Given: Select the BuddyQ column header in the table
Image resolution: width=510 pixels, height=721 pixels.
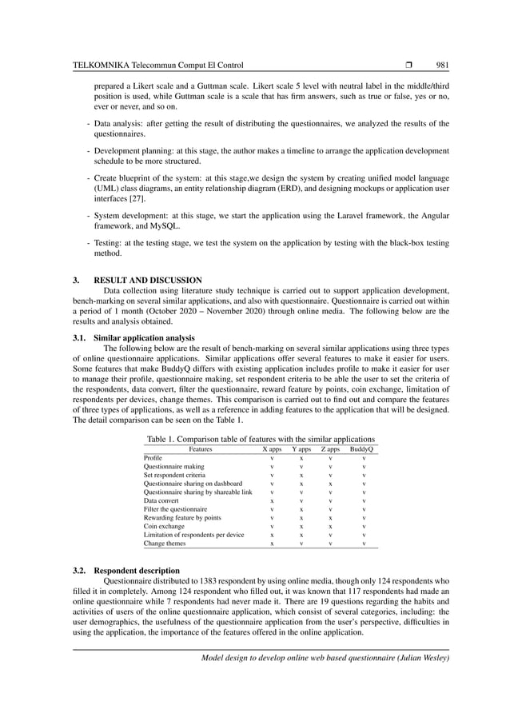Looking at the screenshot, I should click(364, 450).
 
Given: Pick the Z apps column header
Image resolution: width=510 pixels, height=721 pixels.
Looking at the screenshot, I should click(330, 450).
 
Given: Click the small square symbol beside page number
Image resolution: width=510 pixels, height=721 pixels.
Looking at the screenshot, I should click(408, 64).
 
